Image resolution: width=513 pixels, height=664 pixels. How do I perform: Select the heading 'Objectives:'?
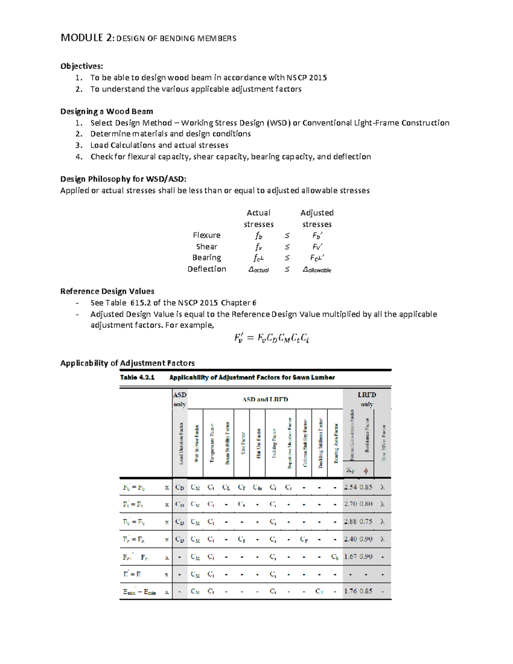[x=82, y=66]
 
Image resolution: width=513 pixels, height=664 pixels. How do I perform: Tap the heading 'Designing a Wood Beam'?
[x=106, y=112]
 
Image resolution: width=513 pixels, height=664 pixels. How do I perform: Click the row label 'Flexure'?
[x=206, y=235]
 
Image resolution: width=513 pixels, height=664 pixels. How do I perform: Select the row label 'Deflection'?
[x=206, y=269]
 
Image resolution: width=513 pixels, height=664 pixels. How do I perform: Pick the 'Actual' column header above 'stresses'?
[x=258, y=213]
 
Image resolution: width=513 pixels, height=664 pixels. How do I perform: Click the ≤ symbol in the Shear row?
[x=287, y=247]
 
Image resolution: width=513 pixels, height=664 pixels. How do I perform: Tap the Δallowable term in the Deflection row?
[x=316, y=269]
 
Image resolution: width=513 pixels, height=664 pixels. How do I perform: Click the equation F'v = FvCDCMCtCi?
[x=271, y=338]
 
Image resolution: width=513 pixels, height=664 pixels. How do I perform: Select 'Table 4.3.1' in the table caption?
[x=137, y=378]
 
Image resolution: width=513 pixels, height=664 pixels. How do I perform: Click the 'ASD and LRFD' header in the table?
[x=265, y=399]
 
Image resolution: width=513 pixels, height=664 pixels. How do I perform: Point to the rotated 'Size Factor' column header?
[x=243, y=443]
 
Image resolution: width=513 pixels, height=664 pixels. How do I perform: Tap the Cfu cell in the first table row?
[x=257, y=487]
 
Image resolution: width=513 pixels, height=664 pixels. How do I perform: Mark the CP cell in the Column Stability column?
[x=304, y=539]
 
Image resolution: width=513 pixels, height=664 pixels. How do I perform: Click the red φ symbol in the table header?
[x=366, y=471]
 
